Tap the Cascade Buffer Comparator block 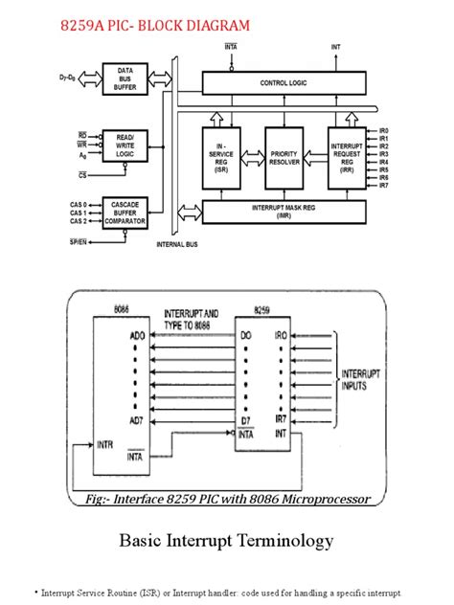point(125,213)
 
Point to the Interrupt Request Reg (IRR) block point(345,155)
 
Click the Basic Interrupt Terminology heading point(226,542)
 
